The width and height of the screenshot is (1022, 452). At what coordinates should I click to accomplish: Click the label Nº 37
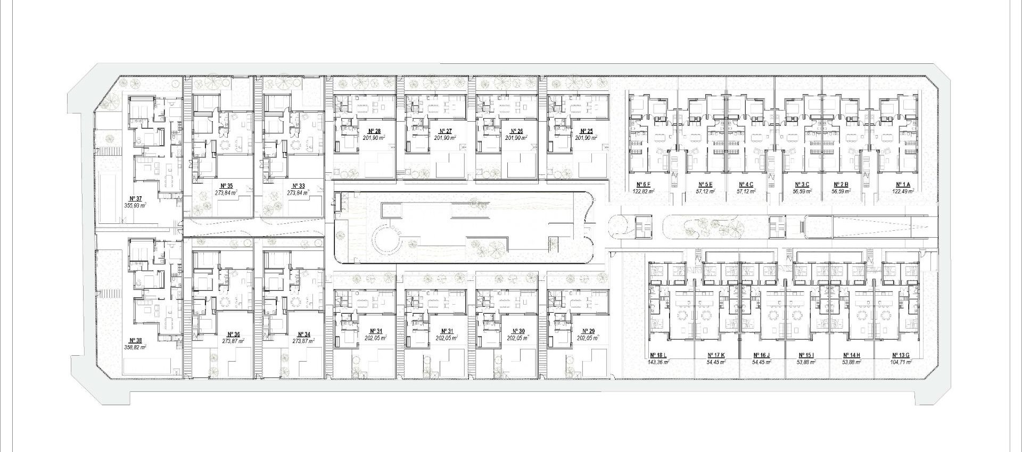135,198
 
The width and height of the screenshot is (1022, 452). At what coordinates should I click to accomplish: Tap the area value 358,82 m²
135,347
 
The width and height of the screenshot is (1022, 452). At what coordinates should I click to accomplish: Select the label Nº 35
226,186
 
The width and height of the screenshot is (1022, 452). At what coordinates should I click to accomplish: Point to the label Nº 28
374,131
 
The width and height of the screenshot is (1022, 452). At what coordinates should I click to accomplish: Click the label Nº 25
586,131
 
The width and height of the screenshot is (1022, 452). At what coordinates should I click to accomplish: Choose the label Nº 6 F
643,185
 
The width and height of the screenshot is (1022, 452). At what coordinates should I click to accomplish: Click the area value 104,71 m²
901,362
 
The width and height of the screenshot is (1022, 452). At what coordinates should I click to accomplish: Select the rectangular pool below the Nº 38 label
147,366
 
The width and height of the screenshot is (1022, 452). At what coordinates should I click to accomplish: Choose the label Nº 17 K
716,355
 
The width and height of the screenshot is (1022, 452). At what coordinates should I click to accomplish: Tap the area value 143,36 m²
658,362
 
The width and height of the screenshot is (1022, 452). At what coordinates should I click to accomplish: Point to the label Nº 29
588,331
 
